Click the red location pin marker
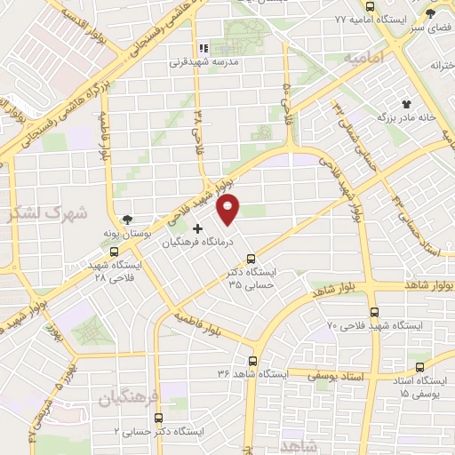[x=229, y=211]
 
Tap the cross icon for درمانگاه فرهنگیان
[x=197, y=229]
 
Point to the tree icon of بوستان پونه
[x=130, y=219]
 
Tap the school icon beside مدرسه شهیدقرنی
[x=203, y=49]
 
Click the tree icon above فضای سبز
[x=431, y=14]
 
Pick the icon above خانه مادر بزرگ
[x=408, y=104]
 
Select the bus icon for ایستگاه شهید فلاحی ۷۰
[x=373, y=313]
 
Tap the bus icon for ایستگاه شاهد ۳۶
[x=253, y=361]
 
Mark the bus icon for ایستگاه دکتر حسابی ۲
[x=156, y=418]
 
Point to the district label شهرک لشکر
[x=36, y=214]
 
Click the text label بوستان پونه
[x=131, y=232]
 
